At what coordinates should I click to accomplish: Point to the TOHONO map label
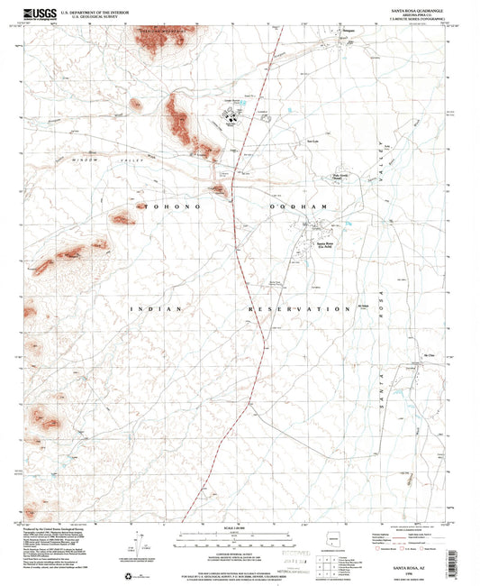click(166, 206)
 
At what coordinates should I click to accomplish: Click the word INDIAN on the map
click(158, 308)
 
